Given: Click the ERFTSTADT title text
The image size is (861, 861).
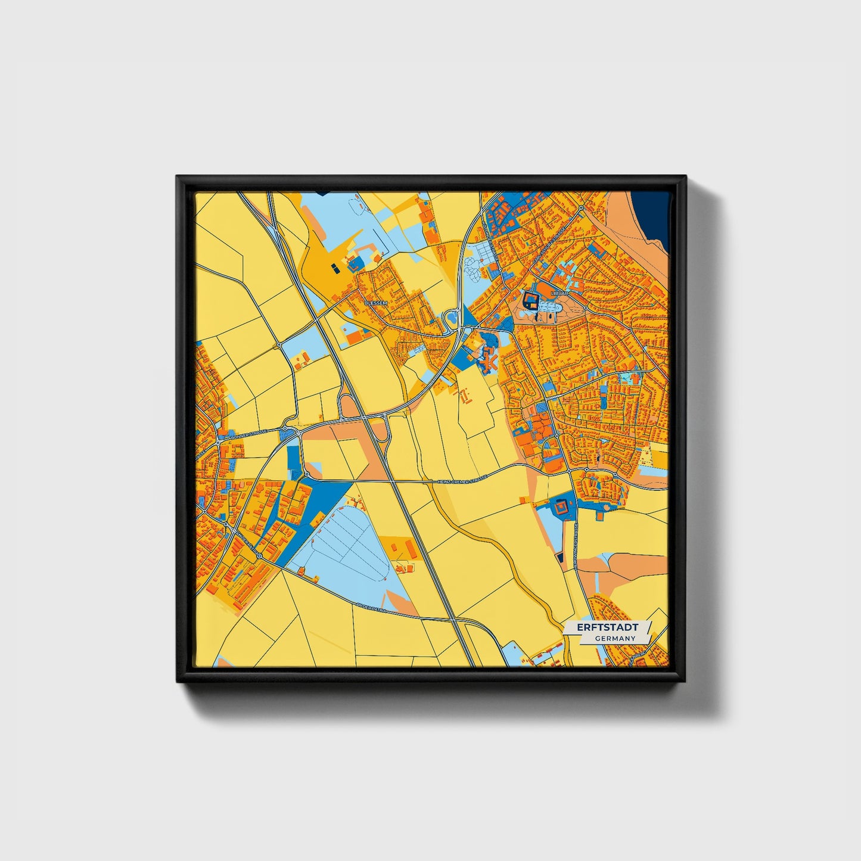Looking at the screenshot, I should (607, 627).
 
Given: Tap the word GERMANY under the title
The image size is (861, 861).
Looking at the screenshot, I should (614, 638).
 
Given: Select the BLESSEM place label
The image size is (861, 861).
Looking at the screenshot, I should (375, 303).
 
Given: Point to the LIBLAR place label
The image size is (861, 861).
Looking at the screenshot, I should (560, 294).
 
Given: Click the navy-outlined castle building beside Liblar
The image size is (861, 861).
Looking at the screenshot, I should (530, 300).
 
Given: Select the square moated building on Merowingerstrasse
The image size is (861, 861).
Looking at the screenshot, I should (561, 508).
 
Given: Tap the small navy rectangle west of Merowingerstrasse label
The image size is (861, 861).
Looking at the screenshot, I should (560, 558).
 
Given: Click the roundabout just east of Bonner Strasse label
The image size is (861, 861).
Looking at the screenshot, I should (286, 428).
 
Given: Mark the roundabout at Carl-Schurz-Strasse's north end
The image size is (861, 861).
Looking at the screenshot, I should (581, 207).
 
